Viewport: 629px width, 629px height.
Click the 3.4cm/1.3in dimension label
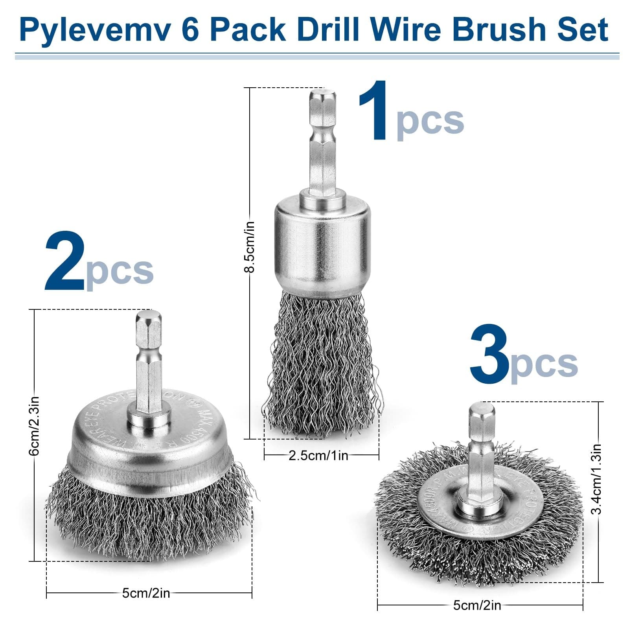point(597,479)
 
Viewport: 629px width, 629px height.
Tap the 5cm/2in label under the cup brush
point(146,593)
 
